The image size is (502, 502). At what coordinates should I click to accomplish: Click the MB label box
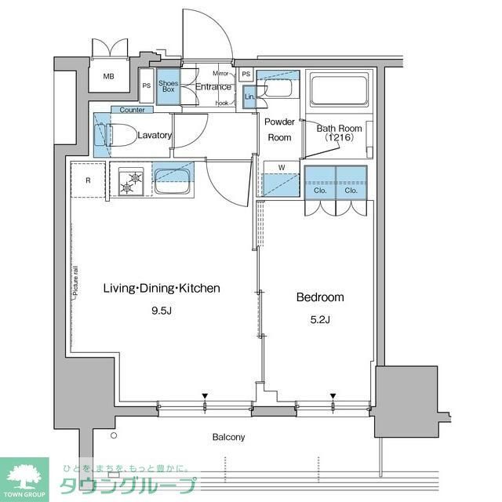point(110,77)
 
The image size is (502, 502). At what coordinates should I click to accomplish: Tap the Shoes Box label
point(167,87)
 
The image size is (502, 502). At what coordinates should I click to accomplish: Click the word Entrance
point(213,87)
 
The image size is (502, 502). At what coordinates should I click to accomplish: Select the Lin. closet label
point(249,96)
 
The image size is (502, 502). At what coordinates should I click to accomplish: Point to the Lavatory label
point(154,135)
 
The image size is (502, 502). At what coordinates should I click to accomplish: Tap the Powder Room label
point(278,129)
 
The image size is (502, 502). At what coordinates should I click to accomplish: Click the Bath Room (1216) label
point(339,133)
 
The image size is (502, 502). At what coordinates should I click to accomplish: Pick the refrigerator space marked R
point(88,180)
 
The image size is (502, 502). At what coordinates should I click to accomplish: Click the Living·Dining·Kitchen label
point(162,289)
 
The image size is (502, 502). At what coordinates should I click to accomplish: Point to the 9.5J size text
point(161,310)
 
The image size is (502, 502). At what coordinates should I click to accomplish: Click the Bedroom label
point(319,297)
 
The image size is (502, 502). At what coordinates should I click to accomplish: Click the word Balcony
point(228,437)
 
